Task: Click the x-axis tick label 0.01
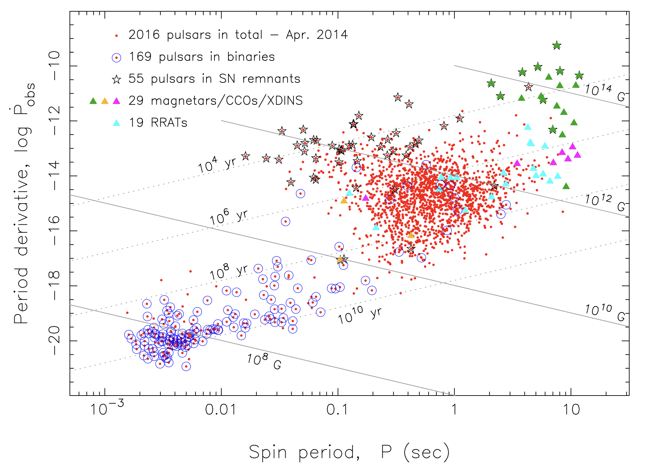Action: point(221,410)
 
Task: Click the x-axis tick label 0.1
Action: point(337,410)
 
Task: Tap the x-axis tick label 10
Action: point(571,410)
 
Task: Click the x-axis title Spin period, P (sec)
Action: point(349,452)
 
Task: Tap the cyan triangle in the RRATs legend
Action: point(116,123)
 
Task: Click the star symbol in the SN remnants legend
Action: point(116,79)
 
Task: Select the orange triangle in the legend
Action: point(105,101)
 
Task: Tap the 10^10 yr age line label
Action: point(359,314)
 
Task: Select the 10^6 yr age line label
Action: point(228,217)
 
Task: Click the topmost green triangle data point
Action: point(557,45)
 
